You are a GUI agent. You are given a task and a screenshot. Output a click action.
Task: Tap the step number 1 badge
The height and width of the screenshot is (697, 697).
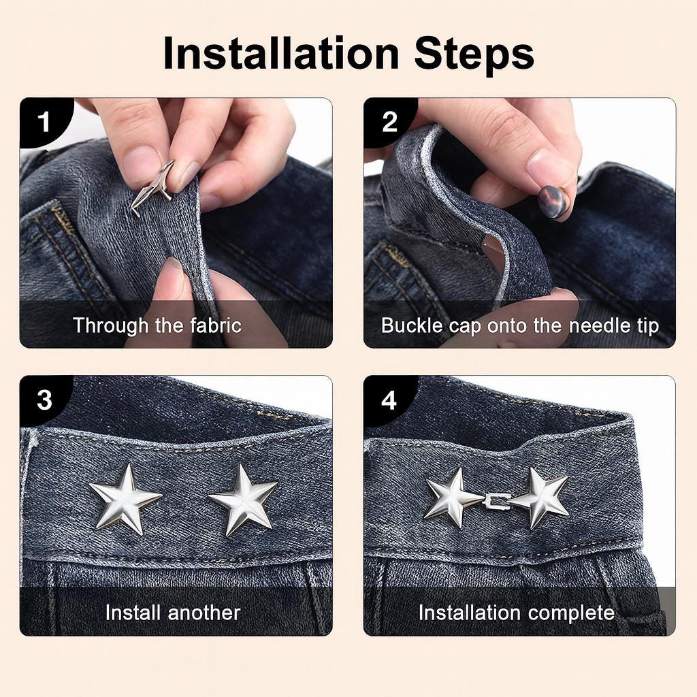click(x=44, y=123)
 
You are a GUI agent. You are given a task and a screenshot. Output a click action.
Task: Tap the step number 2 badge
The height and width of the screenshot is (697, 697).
click(x=389, y=123)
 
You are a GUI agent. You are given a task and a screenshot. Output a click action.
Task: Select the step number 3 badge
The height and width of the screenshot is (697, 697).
click(x=44, y=400)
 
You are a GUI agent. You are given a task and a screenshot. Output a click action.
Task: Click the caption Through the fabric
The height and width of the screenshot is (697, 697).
click(x=157, y=325)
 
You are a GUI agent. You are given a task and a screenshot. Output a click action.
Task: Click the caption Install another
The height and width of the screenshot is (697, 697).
click(x=172, y=613)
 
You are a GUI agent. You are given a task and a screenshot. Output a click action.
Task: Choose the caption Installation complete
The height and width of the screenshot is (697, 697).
click(x=516, y=613)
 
